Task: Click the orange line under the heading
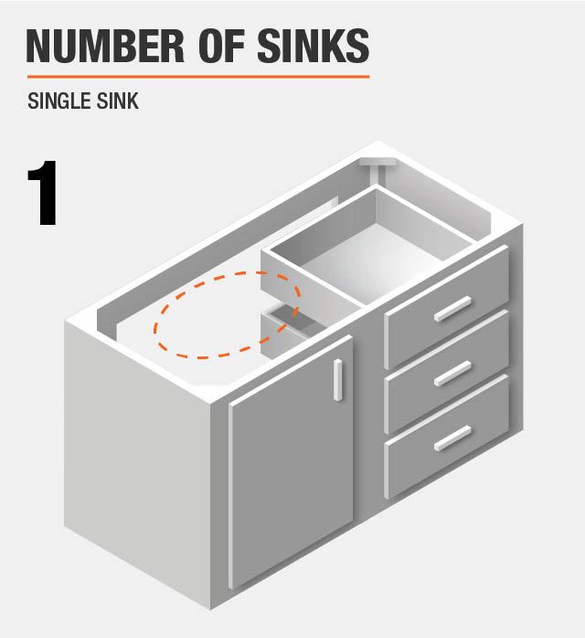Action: coord(197,76)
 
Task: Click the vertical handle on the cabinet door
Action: coord(338,379)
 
